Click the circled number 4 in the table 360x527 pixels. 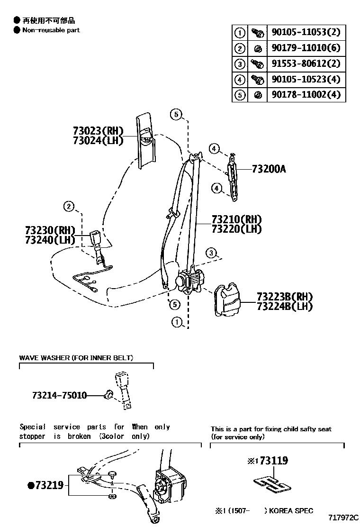click(240, 79)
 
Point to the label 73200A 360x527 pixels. click(269, 169)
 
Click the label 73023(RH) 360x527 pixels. click(98, 131)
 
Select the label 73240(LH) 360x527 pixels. click(50, 240)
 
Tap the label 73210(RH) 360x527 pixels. click(236, 220)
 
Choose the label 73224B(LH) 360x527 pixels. click(285, 306)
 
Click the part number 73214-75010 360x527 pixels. click(60, 395)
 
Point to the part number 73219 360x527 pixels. click(45, 485)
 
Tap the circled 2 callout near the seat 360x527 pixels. click(69, 206)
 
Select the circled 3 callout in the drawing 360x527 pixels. click(211, 252)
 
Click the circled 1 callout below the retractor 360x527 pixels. click(177, 323)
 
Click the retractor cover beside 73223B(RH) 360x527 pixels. click(226, 300)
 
